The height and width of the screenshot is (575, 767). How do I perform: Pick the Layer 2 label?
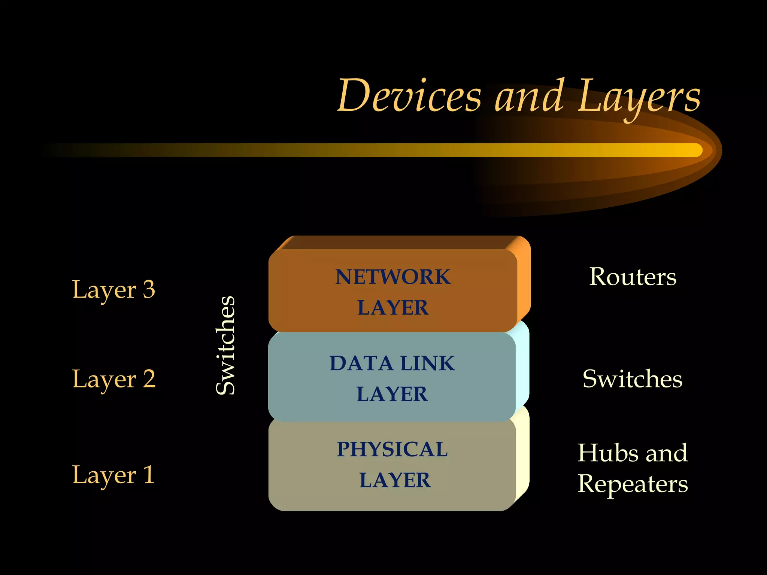[x=113, y=379]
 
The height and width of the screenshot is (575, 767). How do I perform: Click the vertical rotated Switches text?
[x=226, y=345]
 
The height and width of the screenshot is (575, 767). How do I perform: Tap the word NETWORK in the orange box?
[x=392, y=277]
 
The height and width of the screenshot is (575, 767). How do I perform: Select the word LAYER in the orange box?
[x=392, y=308]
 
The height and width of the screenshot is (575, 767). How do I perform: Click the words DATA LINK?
[x=392, y=363]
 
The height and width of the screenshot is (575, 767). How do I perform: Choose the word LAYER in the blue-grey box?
[x=392, y=394]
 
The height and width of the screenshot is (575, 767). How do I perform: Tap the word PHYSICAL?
[x=392, y=449]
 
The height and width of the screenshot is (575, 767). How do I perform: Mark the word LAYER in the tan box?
[x=395, y=480]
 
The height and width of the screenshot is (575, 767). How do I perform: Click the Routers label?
[x=633, y=277]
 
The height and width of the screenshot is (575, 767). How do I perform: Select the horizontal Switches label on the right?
[x=632, y=379]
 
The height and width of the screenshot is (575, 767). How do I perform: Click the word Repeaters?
[x=633, y=484]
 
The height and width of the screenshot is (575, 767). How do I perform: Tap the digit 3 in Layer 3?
[x=149, y=289]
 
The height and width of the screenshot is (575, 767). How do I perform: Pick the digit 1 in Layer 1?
[x=149, y=475]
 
